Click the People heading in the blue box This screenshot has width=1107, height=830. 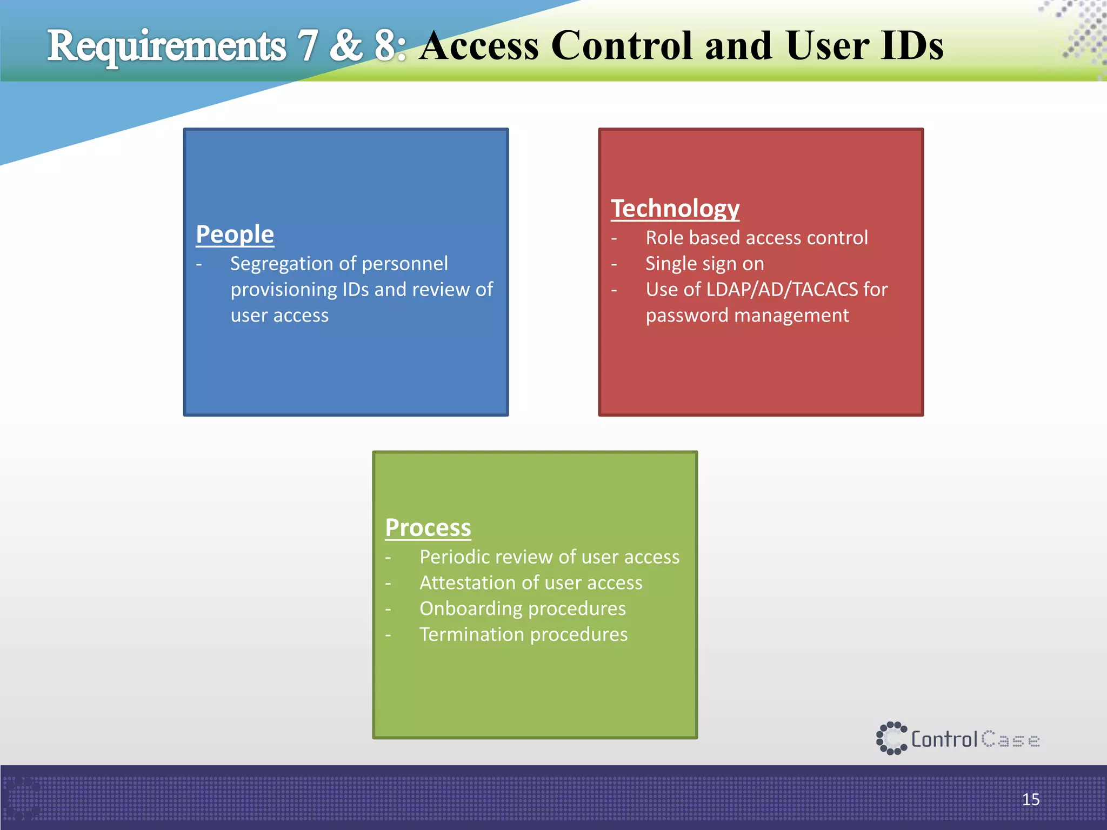235,235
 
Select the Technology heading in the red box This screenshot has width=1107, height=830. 675,209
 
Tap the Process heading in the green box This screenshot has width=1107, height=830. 428,528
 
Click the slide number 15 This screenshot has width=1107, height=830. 1030,799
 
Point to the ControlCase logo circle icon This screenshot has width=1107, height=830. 891,738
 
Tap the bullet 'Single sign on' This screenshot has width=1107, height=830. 704,264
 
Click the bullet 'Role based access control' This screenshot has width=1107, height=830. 756,238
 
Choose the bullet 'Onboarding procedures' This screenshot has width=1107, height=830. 522,608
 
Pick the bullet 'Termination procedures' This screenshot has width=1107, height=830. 523,634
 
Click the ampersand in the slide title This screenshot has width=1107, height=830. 345,45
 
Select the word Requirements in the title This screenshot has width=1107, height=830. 166,46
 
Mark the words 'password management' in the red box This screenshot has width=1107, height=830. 747,316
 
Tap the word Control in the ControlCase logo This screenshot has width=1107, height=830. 944,739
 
